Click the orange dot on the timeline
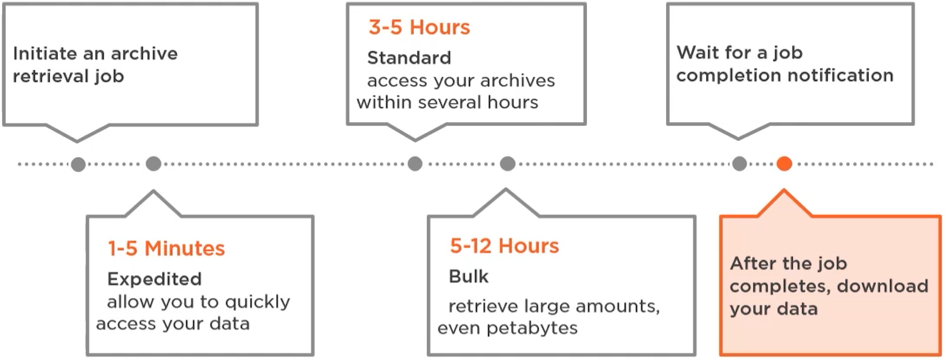point(784,164)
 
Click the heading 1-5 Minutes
point(166,249)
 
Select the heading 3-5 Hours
point(419,28)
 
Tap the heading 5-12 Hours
point(504,246)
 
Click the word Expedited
point(154,278)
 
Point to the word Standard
point(409,57)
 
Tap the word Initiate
point(47,54)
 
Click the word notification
point(839,75)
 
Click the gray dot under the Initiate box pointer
point(79,164)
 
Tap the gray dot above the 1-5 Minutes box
point(154,164)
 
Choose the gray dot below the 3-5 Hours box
point(415,164)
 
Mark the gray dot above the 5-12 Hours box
point(507,164)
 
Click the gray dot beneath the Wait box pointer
point(740,164)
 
